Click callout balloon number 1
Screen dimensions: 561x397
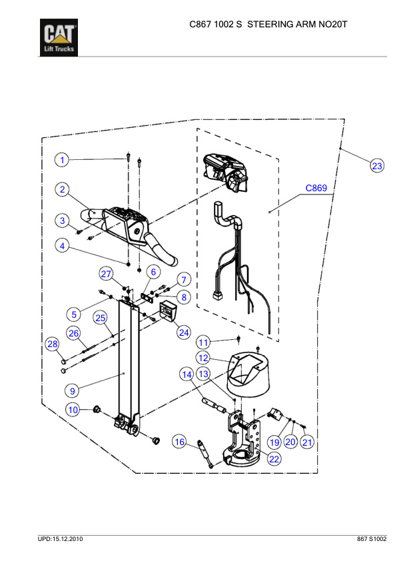pos(61,160)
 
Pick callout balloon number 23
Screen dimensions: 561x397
pos(377,166)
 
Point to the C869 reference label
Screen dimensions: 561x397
pos(316,189)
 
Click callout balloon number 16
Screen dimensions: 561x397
pos(179,442)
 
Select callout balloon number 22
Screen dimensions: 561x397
pos(274,458)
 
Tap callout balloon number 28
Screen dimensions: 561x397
pos(52,344)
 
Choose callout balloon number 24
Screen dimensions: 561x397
pos(183,331)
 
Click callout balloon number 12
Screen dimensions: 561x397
pos(203,358)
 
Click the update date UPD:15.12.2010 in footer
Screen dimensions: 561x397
pos(61,538)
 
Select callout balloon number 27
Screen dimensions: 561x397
pos(107,275)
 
